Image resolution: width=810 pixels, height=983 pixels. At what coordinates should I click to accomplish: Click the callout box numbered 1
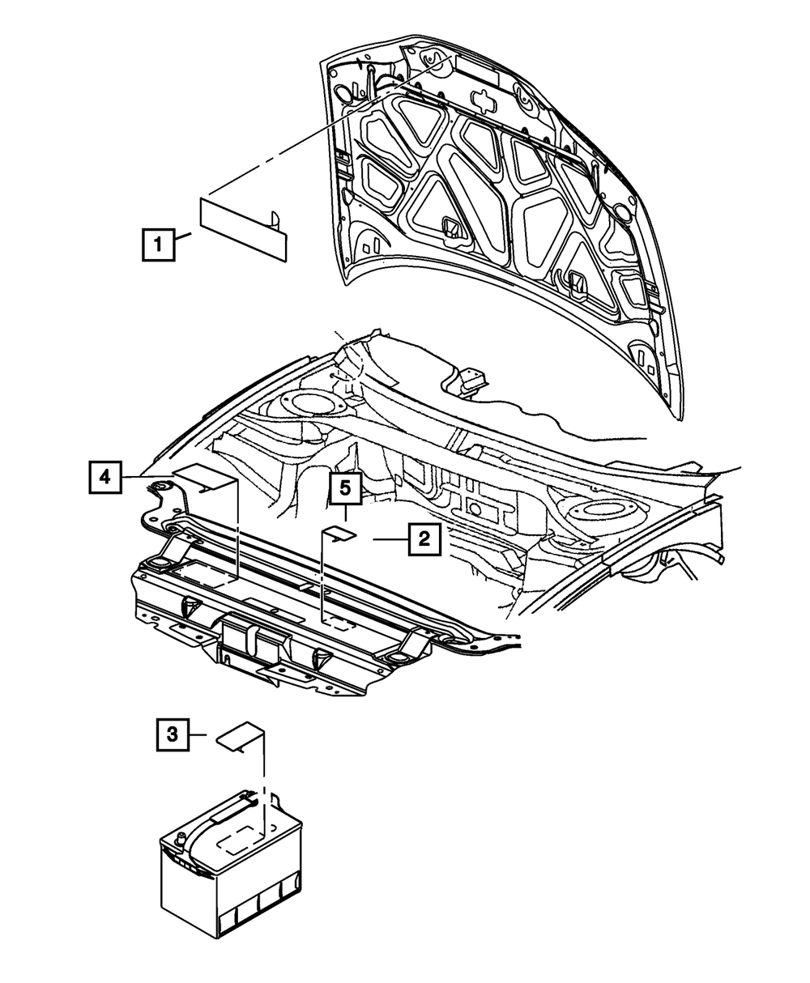(158, 244)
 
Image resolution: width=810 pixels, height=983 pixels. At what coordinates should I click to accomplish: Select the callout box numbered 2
(424, 538)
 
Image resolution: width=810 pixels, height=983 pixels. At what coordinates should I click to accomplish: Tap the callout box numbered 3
(172, 735)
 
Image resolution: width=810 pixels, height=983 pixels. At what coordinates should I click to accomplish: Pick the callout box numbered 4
(105, 478)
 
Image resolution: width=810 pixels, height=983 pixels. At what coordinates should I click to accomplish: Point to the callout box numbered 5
(343, 490)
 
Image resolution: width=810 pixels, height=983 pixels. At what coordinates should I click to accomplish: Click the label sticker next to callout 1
(243, 228)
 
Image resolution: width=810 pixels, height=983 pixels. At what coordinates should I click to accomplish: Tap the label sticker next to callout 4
(204, 479)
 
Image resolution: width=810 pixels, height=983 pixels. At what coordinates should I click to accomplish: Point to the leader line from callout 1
(183, 237)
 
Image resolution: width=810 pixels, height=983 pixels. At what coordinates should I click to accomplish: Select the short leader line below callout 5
(344, 513)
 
